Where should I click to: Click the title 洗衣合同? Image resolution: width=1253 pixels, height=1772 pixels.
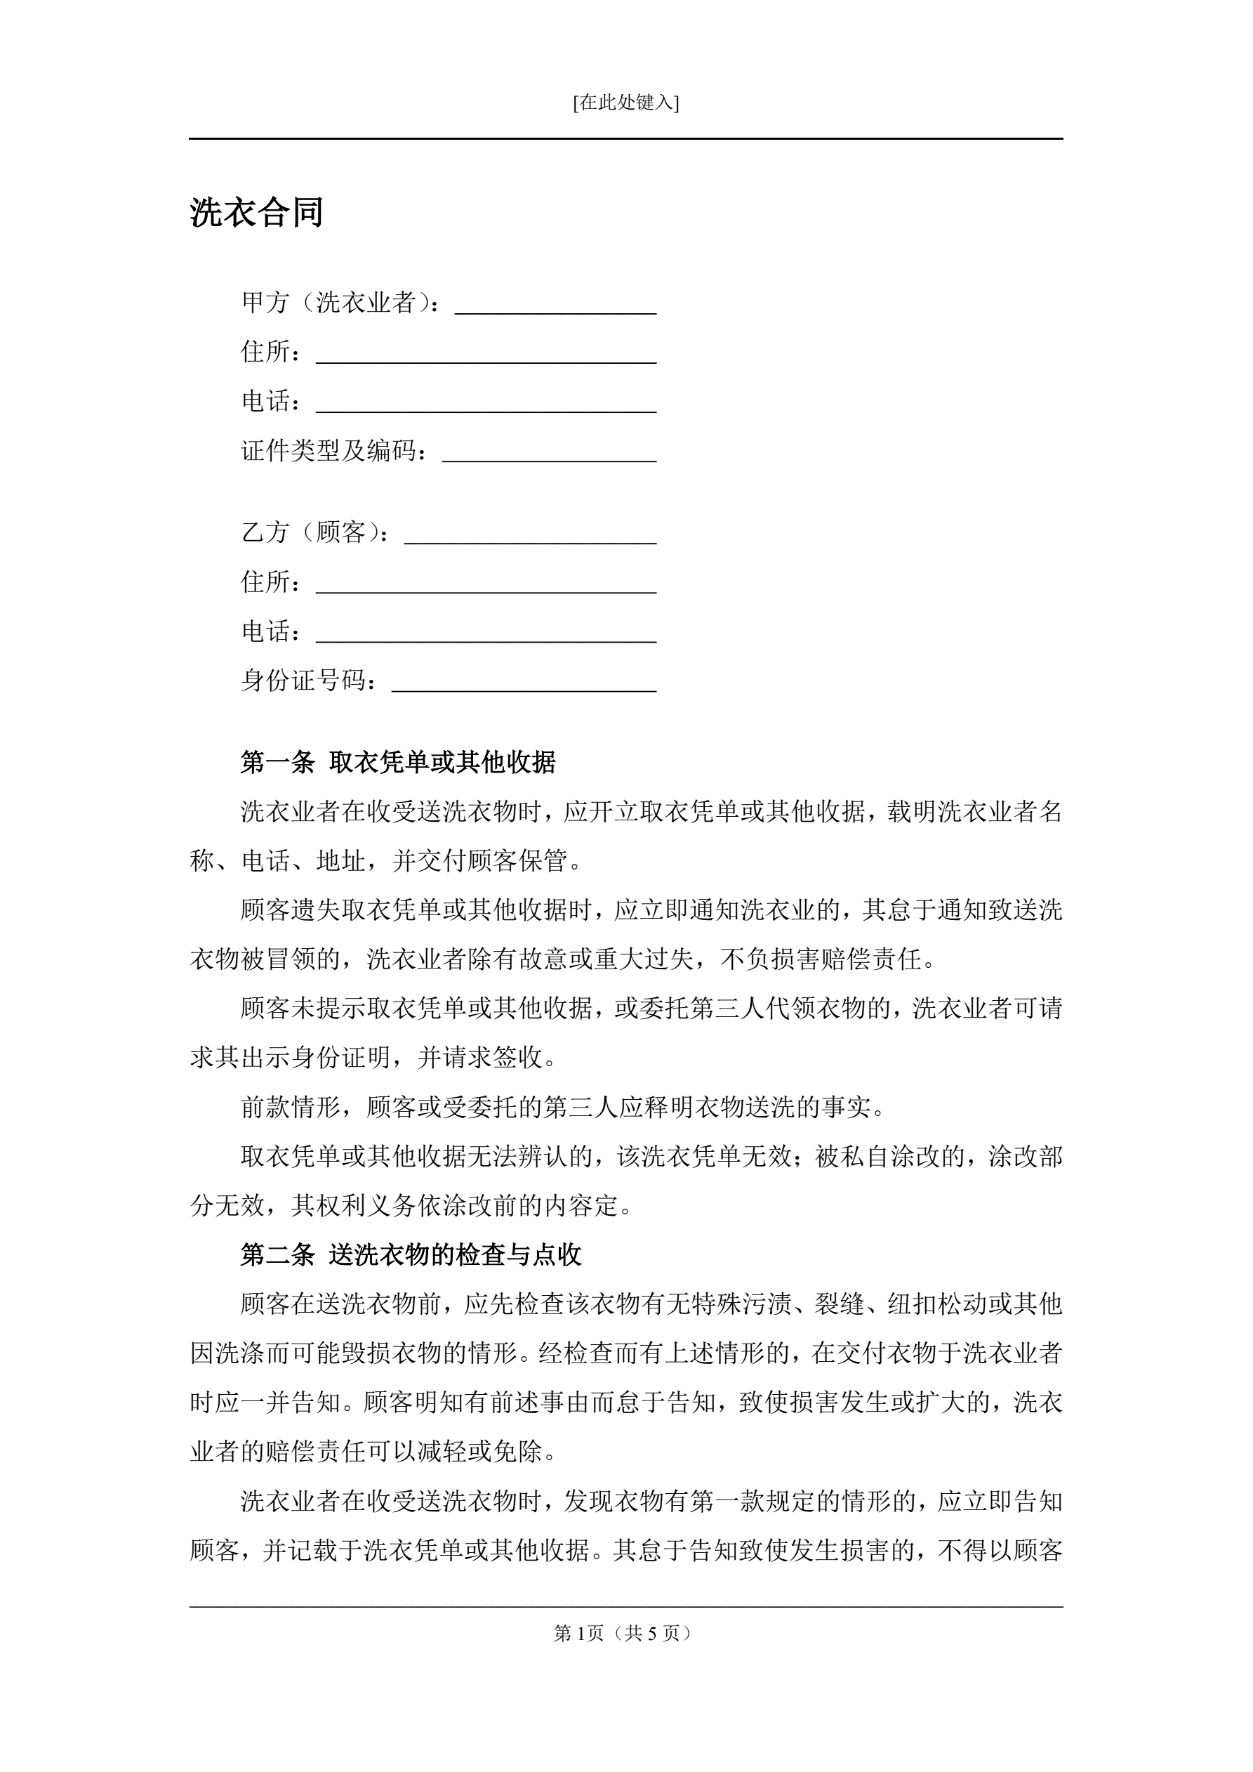click(256, 213)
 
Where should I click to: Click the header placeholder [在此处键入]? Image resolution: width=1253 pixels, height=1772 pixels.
click(625, 103)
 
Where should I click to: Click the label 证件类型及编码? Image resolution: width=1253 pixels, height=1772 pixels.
click(334, 451)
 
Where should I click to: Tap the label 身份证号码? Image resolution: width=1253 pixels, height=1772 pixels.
click(309, 681)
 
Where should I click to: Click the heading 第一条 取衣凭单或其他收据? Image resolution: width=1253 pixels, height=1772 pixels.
click(398, 763)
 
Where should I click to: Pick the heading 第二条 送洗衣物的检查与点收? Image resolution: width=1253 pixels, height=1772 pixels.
click(411, 1256)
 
